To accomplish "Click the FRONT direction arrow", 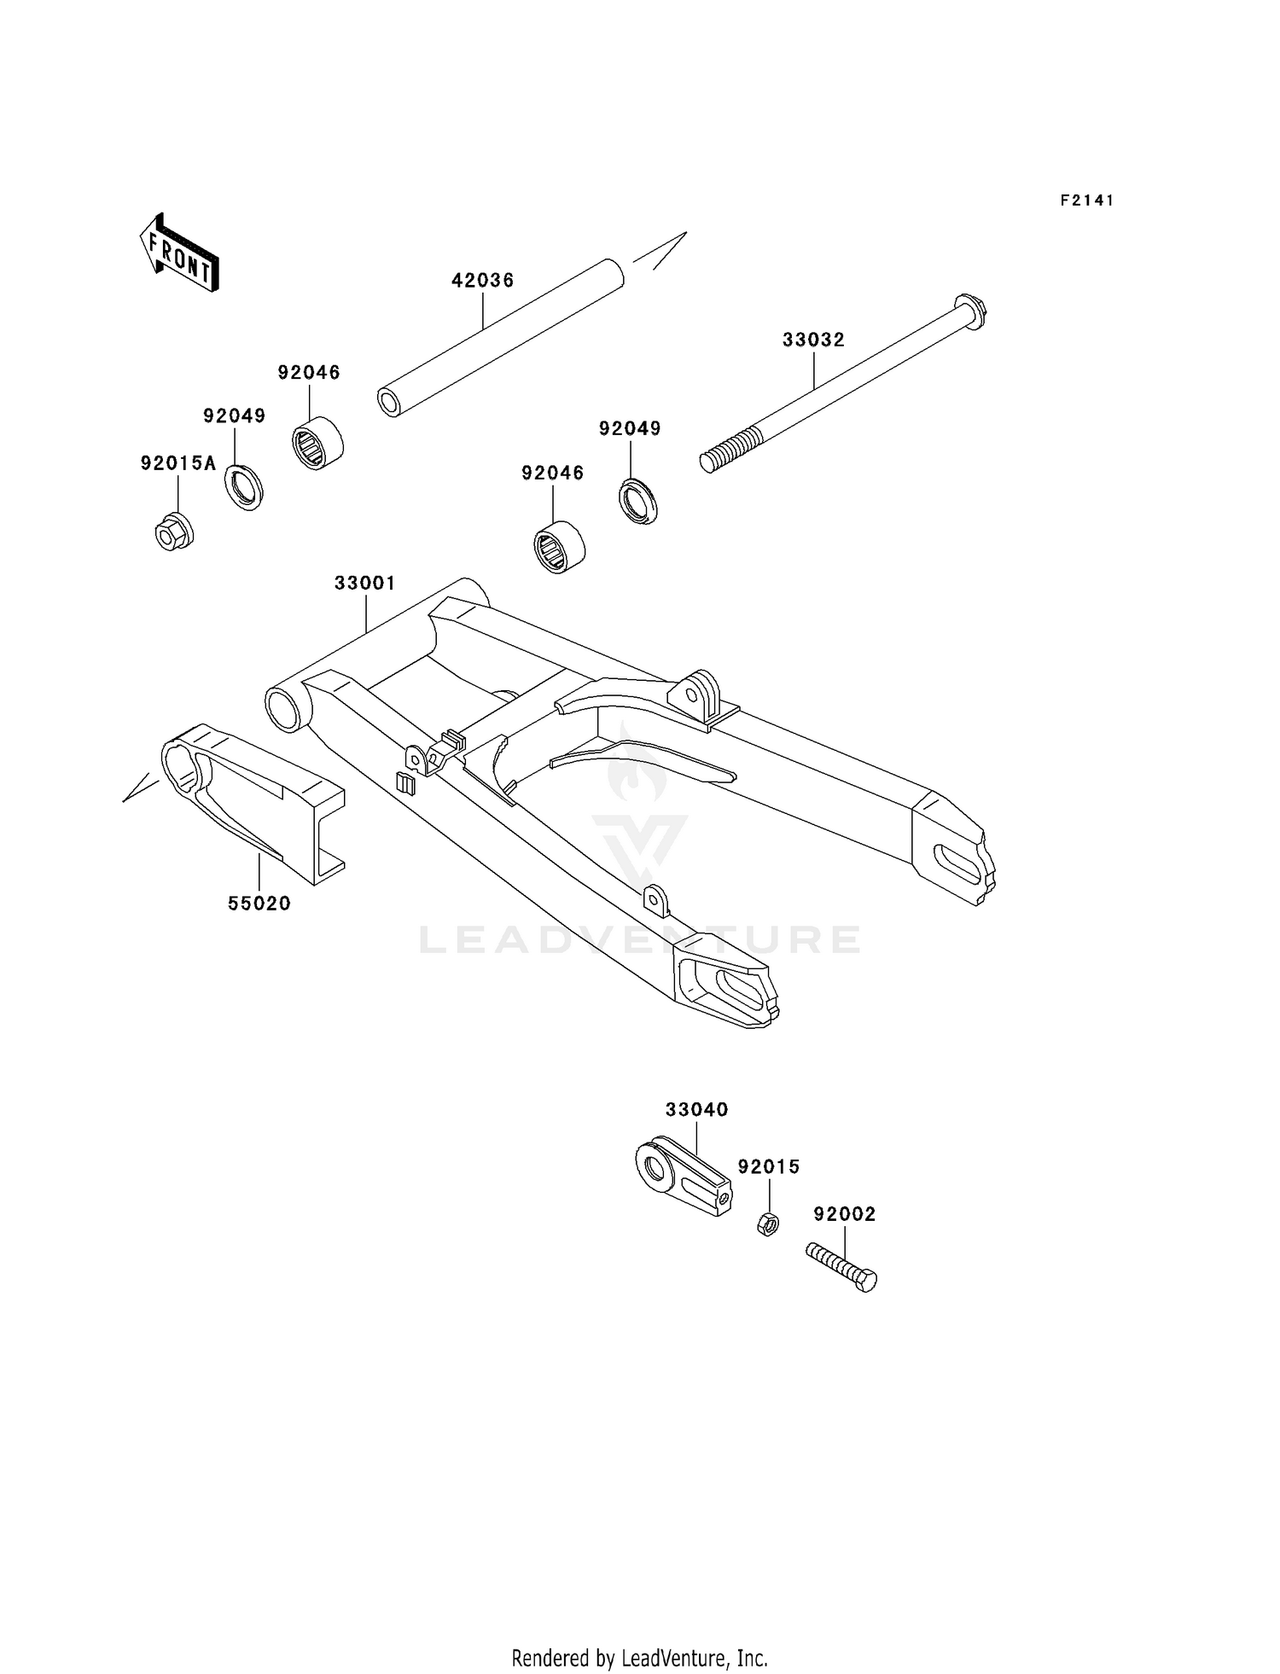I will [180, 253].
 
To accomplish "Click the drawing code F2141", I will [1087, 201].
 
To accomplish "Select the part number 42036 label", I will [482, 281].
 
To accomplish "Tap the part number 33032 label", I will [813, 340].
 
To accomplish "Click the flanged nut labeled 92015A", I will [174, 532].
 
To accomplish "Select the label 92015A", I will [178, 463].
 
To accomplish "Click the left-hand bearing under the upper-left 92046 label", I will [317, 442].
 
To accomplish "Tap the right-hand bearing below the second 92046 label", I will [559, 546].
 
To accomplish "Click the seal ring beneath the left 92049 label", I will [244, 487].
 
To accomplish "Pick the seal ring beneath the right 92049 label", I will [638, 502].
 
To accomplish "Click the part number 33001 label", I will [364, 584].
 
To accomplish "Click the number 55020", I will [259, 904].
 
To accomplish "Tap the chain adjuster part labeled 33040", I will [683, 1175].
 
